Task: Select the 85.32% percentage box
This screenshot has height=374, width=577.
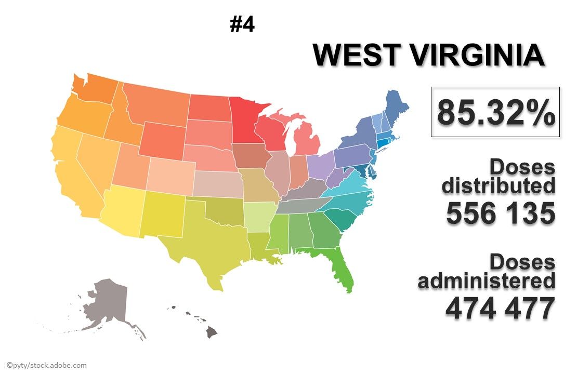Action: coord(495,112)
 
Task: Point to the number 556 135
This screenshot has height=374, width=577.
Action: coord(500,213)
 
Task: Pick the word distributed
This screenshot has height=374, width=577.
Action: coord(498,185)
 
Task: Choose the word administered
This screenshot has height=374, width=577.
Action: coord(487,280)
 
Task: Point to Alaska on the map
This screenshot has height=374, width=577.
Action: coord(107,304)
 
